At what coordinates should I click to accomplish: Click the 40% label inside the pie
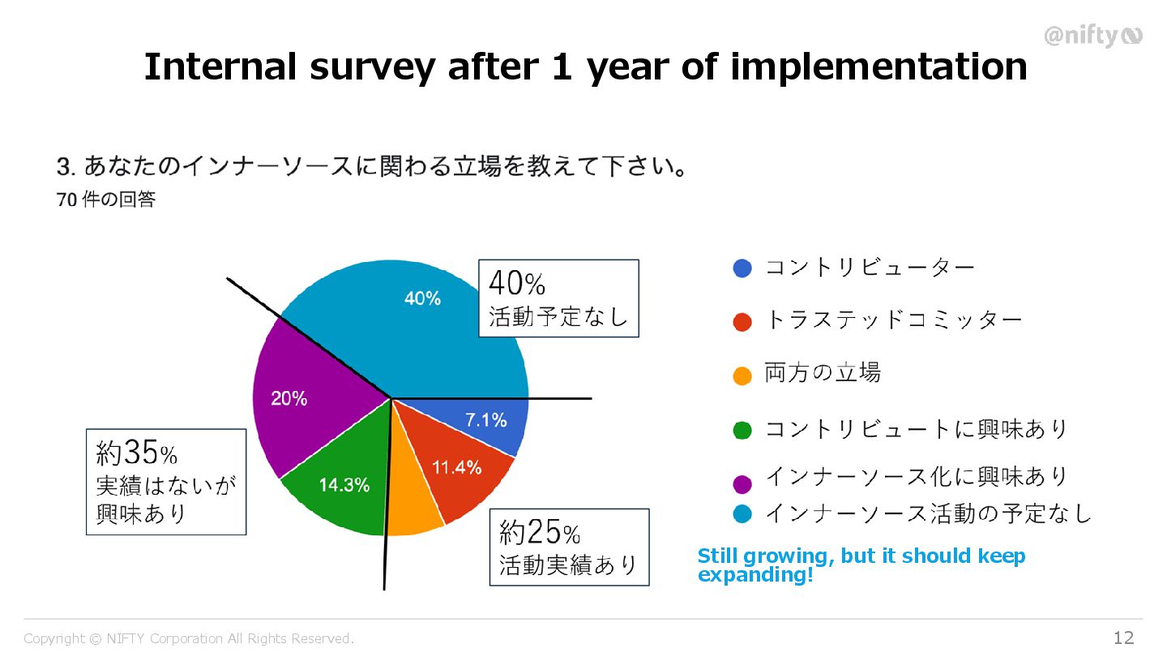(422, 298)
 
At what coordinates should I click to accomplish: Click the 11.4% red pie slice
(454, 470)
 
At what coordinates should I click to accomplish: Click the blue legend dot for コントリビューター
(742, 268)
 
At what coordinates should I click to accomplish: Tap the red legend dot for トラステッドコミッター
(742, 321)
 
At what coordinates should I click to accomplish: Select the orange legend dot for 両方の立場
(742, 376)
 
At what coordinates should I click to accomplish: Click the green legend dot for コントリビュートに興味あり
(742, 430)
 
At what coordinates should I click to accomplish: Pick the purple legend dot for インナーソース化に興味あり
(742, 484)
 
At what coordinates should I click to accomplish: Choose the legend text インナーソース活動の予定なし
(929, 513)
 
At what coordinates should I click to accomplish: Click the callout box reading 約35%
(166, 482)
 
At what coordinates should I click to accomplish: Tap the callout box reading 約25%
(569, 547)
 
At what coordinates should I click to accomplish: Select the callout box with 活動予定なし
(558, 298)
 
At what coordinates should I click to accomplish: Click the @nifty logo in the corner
(1092, 36)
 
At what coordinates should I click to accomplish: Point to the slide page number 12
(1123, 638)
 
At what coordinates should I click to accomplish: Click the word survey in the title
(372, 67)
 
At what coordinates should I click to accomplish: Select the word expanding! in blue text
(754, 575)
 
